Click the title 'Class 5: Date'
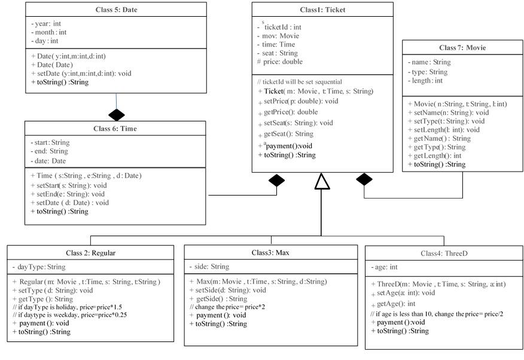[116, 10]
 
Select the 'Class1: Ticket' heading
[322, 10]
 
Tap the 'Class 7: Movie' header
[462, 48]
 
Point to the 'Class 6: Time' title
[115, 129]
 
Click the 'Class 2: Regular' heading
[90, 253]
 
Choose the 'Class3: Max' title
[270, 252]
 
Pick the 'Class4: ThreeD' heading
[444, 254]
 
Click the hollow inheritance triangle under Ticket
[322, 181]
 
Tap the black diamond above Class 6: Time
[117, 115]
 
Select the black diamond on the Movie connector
[364, 179]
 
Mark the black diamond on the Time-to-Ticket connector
[277, 181]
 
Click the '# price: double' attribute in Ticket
[280, 62]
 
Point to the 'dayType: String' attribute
[41, 267]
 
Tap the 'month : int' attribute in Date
[51, 32]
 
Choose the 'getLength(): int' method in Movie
[437, 155]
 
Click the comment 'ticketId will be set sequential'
[302, 82]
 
